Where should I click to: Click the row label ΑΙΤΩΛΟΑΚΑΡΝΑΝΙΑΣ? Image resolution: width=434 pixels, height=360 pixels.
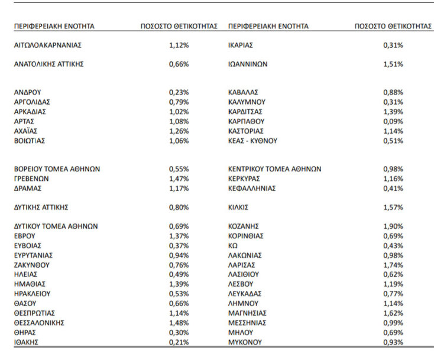47,45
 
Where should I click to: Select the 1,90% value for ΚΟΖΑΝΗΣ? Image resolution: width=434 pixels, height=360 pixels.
393,226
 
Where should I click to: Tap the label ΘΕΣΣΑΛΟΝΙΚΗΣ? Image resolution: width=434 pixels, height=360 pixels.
39,323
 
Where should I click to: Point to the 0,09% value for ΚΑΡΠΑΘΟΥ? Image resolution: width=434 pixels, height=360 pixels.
393,121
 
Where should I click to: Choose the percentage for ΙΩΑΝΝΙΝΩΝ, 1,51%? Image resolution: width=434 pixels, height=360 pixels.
393,64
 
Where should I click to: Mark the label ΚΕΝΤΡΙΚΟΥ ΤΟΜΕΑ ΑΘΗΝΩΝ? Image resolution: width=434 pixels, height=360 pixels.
275,169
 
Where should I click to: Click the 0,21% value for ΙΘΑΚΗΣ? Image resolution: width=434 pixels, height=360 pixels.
179,342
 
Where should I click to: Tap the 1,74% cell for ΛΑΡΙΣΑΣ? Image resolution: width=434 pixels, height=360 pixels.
393,265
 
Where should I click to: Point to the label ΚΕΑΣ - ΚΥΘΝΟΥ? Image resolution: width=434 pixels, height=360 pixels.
252,141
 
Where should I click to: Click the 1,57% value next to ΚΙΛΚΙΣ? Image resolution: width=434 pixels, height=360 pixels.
393,207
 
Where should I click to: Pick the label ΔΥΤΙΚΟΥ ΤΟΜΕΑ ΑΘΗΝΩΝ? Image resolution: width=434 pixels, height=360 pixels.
56,226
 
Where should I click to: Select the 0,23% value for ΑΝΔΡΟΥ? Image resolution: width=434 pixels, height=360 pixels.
179,92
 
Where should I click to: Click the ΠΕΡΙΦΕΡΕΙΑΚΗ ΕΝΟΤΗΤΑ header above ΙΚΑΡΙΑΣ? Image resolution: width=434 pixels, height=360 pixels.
268,27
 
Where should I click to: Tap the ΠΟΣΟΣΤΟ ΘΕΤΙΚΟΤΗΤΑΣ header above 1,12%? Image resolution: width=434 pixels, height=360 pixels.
179,27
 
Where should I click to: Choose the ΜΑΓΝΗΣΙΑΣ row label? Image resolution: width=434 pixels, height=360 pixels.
248,313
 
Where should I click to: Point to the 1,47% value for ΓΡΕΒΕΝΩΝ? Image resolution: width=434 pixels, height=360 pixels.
179,179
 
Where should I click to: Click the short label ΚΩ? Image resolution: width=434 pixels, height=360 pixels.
233,246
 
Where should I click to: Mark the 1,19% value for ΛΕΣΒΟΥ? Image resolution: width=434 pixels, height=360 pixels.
393,284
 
